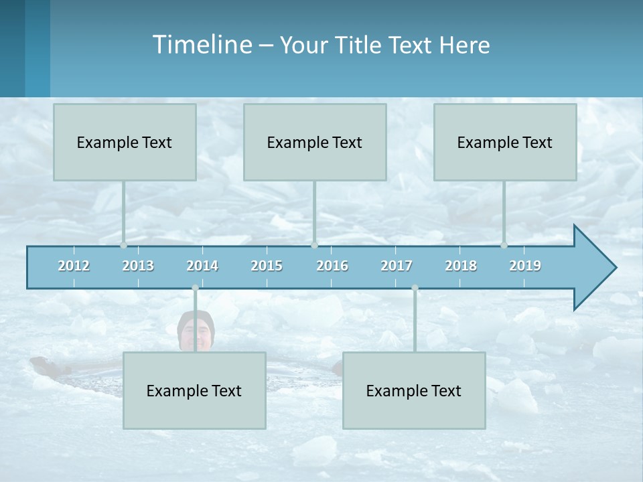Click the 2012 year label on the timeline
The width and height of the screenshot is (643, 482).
pyautogui.click(x=74, y=266)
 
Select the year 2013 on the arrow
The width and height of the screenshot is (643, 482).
pyautogui.click(x=138, y=266)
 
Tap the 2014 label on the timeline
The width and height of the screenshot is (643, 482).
pyautogui.click(x=202, y=266)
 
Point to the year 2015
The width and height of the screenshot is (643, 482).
pyautogui.click(x=267, y=266)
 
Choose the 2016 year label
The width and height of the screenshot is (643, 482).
pyautogui.click(x=332, y=266)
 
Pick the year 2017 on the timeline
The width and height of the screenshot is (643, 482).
pyautogui.click(x=397, y=266)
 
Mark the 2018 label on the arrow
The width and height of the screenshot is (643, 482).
pyautogui.click(x=461, y=266)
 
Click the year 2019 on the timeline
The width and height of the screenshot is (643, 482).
pyautogui.click(x=525, y=266)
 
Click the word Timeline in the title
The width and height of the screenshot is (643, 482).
pyautogui.click(x=201, y=45)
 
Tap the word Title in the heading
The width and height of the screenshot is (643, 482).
pyautogui.click(x=360, y=46)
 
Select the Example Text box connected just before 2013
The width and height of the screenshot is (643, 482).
pyautogui.click(x=125, y=142)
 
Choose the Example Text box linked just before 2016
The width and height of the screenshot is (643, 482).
pyautogui.click(x=315, y=142)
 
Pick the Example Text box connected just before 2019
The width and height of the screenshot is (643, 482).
pyautogui.click(x=505, y=142)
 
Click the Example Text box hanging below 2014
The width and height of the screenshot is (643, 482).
pyautogui.click(x=194, y=390)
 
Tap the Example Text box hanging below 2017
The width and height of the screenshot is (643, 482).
pyautogui.click(x=414, y=390)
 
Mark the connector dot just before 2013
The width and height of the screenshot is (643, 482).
pyautogui.click(x=123, y=245)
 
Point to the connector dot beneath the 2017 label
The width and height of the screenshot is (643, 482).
pyautogui.click(x=415, y=288)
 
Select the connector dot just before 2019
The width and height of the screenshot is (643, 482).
pyautogui.click(x=504, y=245)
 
